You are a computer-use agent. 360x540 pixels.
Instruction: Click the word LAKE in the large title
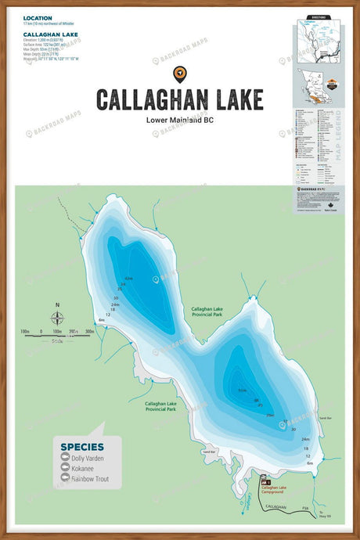pyautogui.click(x=229, y=99)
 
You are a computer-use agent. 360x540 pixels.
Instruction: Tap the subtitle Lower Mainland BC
pyautogui.click(x=179, y=121)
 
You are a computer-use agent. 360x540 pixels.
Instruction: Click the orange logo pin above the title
pyautogui.click(x=179, y=74)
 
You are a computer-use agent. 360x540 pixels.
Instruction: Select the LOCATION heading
pyautogui.click(x=38, y=17)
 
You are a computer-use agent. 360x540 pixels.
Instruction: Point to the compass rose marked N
pyautogui.click(x=57, y=317)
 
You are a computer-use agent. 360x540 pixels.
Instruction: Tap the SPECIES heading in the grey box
pyautogui.click(x=81, y=447)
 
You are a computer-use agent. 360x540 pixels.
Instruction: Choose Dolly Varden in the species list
pyautogui.click(x=85, y=458)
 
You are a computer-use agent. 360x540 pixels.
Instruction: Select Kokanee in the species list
pyautogui.click(x=81, y=468)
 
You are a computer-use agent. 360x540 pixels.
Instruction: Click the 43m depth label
pyautogui.click(x=128, y=278)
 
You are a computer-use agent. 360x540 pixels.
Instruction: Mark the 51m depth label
pyautogui.click(x=243, y=391)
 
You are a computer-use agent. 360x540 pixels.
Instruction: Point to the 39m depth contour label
pyautogui.click(x=269, y=415)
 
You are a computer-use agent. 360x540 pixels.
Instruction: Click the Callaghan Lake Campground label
pyautogui.click(x=274, y=488)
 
